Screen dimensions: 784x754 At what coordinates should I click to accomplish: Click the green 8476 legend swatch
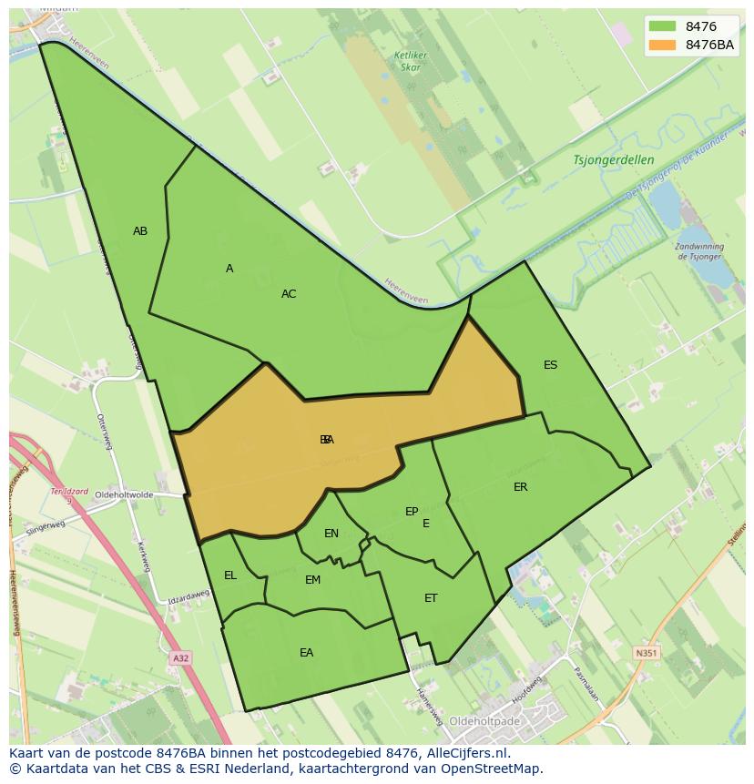663,26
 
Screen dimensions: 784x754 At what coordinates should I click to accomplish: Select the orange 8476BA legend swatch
663,45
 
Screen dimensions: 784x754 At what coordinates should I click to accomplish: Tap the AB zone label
140,231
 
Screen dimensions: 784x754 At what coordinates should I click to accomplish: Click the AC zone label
289,294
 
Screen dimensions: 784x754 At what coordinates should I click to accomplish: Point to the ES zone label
550,365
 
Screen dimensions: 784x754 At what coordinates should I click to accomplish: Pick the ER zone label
521,487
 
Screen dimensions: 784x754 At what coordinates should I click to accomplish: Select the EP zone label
412,512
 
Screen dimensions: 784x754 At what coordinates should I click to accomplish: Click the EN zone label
331,534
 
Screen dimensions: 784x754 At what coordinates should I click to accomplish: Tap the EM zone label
312,580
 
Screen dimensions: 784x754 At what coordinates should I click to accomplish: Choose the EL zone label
230,575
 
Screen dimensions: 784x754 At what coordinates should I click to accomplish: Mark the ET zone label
431,598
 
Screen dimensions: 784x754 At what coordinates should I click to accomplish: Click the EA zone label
306,653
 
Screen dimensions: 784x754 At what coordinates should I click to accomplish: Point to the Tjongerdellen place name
614,159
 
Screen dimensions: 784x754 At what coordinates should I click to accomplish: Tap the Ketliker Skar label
411,61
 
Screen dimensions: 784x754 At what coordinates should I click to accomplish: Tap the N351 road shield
646,653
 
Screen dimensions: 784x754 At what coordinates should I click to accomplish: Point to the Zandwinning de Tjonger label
700,251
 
